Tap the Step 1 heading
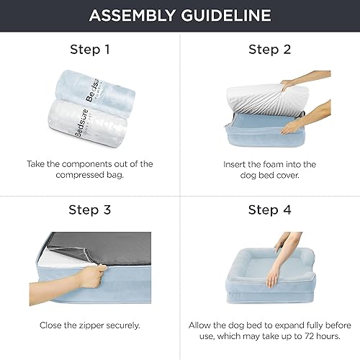89,50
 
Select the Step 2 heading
269,50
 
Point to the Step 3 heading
89,210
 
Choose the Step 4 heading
269,210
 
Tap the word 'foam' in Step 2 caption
262,164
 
